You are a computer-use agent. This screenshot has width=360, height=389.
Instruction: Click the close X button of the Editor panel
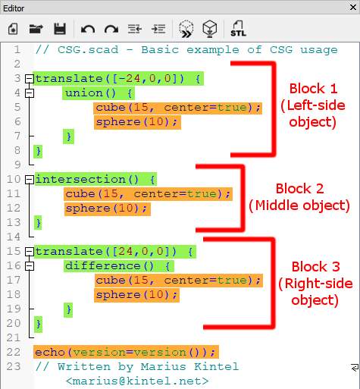click(x=353, y=7)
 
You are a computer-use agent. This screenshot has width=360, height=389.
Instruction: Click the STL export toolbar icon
click(x=238, y=29)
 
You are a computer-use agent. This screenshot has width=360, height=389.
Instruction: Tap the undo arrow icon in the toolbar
click(x=88, y=29)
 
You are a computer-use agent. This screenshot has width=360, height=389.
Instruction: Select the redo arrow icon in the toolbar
click(x=111, y=29)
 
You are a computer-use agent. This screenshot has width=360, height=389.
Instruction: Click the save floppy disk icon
click(x=60, y=29)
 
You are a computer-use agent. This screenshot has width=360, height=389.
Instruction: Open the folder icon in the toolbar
click(x=36, y=29)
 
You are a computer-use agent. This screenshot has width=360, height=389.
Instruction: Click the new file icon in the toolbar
click(x=13, y=29)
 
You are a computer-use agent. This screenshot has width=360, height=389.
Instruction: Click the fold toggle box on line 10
click(x=30, y=180)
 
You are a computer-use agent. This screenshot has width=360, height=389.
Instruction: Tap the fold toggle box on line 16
click(x=30, y=266)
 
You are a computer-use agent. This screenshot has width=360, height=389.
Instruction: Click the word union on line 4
click(x=84, y=93)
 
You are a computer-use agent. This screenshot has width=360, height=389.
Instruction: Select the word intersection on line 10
click(x=80, y=180)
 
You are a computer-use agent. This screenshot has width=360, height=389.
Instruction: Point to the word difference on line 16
click(x=103, y=266)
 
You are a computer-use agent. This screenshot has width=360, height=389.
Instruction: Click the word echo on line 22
click(x=50, y=352)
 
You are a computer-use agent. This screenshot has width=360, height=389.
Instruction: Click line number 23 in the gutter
click(x=14, y=366)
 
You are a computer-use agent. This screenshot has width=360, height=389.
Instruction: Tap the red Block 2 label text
click(x=299, y=189)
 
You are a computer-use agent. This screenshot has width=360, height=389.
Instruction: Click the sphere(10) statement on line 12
click(x=106, y=209)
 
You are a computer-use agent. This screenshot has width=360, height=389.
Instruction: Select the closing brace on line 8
click(x=39, y=151)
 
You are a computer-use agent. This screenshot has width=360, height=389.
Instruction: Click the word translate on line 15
click(x=69, y=252)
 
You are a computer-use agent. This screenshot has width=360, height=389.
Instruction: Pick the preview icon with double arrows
click(x=186, y=29)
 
